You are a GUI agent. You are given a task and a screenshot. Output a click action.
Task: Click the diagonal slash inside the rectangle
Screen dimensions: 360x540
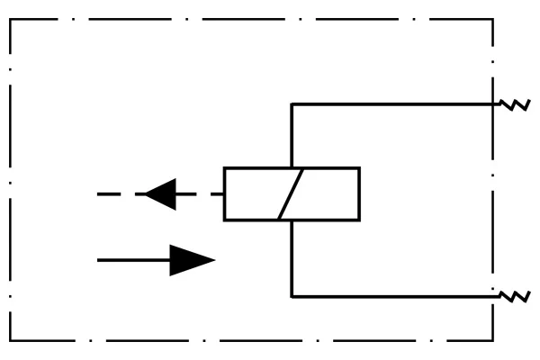click(292, 193)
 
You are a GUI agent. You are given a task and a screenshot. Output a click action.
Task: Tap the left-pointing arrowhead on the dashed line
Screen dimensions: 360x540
click(161, 193)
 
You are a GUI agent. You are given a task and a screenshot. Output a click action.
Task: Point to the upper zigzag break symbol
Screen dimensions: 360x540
click(516, 105)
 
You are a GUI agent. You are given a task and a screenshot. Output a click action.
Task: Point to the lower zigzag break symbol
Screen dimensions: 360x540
click(516, 295)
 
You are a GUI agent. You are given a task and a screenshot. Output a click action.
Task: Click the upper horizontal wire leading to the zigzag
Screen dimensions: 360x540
click(396, 103)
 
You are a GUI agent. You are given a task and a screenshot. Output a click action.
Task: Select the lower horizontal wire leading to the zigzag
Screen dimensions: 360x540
click(396, 296)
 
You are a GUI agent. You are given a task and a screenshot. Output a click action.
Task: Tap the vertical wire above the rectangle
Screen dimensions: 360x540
click(292, 135)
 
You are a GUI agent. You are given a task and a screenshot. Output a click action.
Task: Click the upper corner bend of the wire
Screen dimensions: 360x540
click(292, 103)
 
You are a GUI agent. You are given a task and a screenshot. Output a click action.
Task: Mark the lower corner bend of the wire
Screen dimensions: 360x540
click(292, 296)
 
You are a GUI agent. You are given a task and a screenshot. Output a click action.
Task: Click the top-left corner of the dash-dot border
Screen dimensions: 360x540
click(11, 19)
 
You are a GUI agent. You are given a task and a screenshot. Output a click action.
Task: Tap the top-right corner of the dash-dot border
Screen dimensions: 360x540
click(493, 19)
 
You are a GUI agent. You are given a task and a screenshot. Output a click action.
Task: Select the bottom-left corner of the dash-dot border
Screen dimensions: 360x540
click(11, 341)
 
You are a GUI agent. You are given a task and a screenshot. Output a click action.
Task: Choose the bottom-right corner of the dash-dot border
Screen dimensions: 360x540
click(493, 341)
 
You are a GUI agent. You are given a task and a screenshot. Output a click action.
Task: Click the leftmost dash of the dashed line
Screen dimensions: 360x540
click(107, 193)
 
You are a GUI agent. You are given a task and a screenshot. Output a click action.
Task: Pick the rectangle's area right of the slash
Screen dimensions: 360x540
click(329, 193)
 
